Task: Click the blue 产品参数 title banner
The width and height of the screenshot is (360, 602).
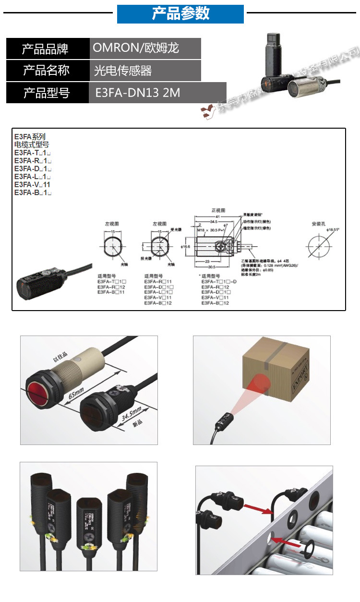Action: click(x=180, y=14)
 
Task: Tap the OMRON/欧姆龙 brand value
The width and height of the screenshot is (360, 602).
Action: click(x=136, y=48)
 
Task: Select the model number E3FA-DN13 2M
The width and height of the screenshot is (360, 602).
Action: click(x=138, y=92)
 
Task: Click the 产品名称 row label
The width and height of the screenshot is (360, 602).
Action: click(x=46, y=71)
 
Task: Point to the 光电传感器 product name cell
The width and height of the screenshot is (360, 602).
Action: click(x=123, y=71)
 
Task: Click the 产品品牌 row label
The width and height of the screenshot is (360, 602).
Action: click(x=46, y=48)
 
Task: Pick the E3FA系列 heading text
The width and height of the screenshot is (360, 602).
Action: click(x=30, y=137)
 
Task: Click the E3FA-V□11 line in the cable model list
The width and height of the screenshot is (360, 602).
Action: click(x=32, y=184)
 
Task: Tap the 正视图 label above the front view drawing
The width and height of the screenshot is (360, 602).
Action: click(x=218, y=210)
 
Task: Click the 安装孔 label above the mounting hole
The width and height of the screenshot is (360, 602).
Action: click(x=319, y=224)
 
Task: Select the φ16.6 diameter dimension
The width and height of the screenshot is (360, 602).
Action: click(x=186, y=246)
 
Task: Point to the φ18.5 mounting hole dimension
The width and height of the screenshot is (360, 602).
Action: click(x=332, y=230)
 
